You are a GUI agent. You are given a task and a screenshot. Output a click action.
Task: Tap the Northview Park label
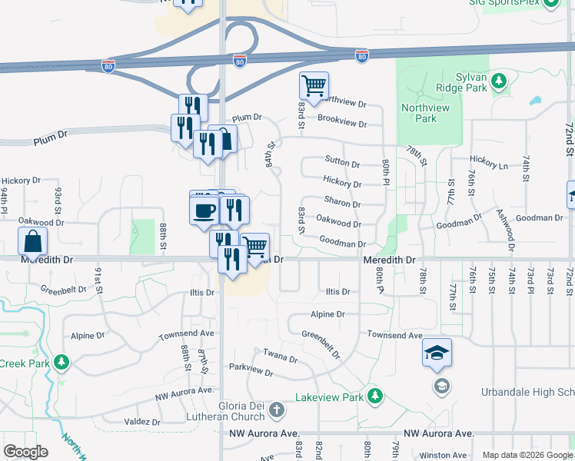(x=425, y=113)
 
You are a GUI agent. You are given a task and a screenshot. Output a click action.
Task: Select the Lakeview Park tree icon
(x=374, y=396)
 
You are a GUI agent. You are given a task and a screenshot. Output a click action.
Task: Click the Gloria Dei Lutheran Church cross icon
(x=278, y=411)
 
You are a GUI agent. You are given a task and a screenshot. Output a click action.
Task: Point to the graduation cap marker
(x=437, y=353)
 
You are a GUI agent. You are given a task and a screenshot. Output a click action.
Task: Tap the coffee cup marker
(x=204, y=209)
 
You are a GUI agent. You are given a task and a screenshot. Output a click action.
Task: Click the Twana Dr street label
(x=280, y=357)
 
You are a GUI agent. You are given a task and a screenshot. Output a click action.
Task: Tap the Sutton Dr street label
(x=342, y=164)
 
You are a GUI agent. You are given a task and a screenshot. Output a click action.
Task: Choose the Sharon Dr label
(x=342, y=204)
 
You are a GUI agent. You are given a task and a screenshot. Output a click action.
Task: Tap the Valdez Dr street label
(x=143, y=422)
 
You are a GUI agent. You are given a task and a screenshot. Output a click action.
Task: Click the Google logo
(x=26, y=452)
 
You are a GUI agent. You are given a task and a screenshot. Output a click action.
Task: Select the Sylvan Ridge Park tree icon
(x=499, y=80)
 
